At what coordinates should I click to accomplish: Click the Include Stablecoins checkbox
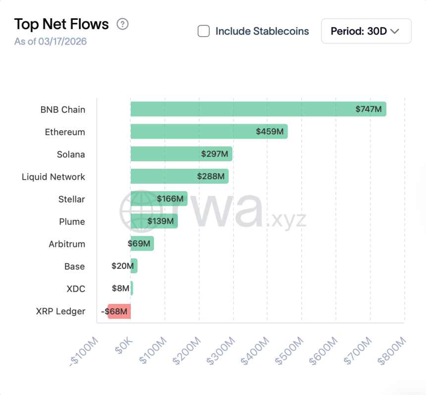[204, 31]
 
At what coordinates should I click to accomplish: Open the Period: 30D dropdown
[366, 31]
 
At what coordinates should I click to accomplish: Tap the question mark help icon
[122, 24]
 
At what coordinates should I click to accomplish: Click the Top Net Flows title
[61, 24]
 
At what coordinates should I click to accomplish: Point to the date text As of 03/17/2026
[51, 42]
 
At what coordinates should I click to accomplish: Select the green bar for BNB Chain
[258, 109]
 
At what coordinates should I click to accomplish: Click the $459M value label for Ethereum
[269, 132]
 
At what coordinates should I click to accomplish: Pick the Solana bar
[181, 154]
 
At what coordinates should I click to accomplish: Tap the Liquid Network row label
[53, 177]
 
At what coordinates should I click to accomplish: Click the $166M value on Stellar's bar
[170, 199]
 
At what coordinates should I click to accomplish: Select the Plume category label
[72, 221]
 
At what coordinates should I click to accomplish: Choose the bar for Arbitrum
[142, 244]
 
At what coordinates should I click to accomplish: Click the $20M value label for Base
[122, 266]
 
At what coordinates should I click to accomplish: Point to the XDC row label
[76, 289]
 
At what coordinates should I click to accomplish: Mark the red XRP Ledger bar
[119, 311]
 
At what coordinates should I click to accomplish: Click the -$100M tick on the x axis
[85, 351]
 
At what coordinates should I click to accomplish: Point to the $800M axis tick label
[392, 351]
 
